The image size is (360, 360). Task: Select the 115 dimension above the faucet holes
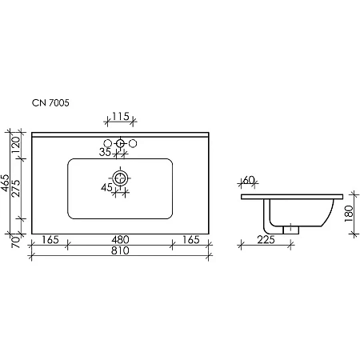point(120,117)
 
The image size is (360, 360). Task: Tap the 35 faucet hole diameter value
point(105,150)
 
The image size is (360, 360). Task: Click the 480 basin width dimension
point(120,239)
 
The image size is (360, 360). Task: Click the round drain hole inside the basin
point(120,178)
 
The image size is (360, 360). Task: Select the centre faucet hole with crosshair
point(120,144)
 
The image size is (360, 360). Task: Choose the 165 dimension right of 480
point(191,239)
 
